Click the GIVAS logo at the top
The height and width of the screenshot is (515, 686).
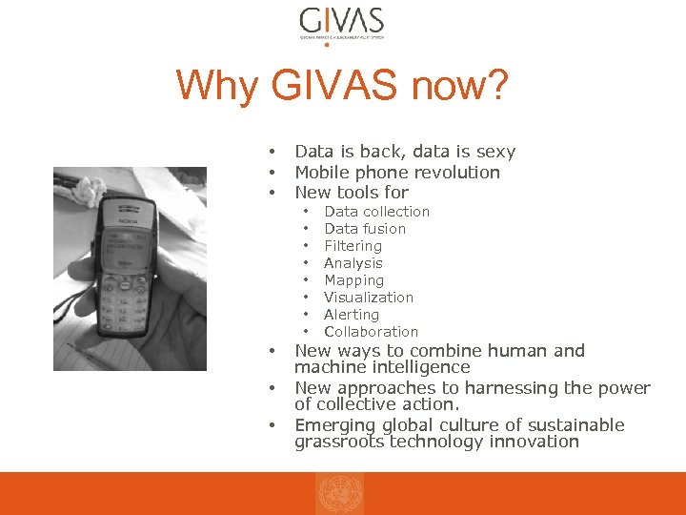(341, 23)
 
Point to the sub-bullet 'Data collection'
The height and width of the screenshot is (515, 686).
(376, 212)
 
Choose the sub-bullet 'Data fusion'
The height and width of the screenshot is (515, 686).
(365, 229)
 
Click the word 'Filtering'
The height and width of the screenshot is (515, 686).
(353, 246)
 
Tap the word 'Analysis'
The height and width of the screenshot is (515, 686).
(353, 263)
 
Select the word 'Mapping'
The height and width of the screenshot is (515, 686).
(353, 280)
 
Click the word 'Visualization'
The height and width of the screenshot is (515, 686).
(369, 298)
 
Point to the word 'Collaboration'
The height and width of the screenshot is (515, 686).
(371, 332)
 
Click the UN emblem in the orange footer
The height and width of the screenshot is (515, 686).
(340, 494)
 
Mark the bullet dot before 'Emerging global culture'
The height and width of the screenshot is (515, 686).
(272, 425)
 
